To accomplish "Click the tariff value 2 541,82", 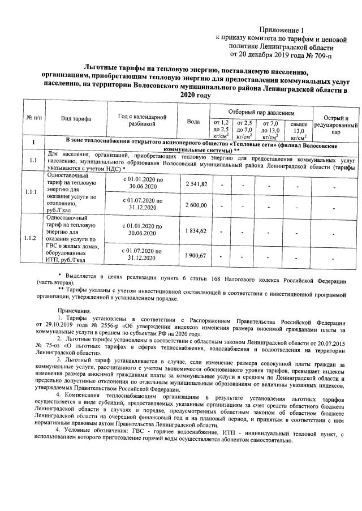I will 196,184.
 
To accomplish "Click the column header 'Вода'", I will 193,122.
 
